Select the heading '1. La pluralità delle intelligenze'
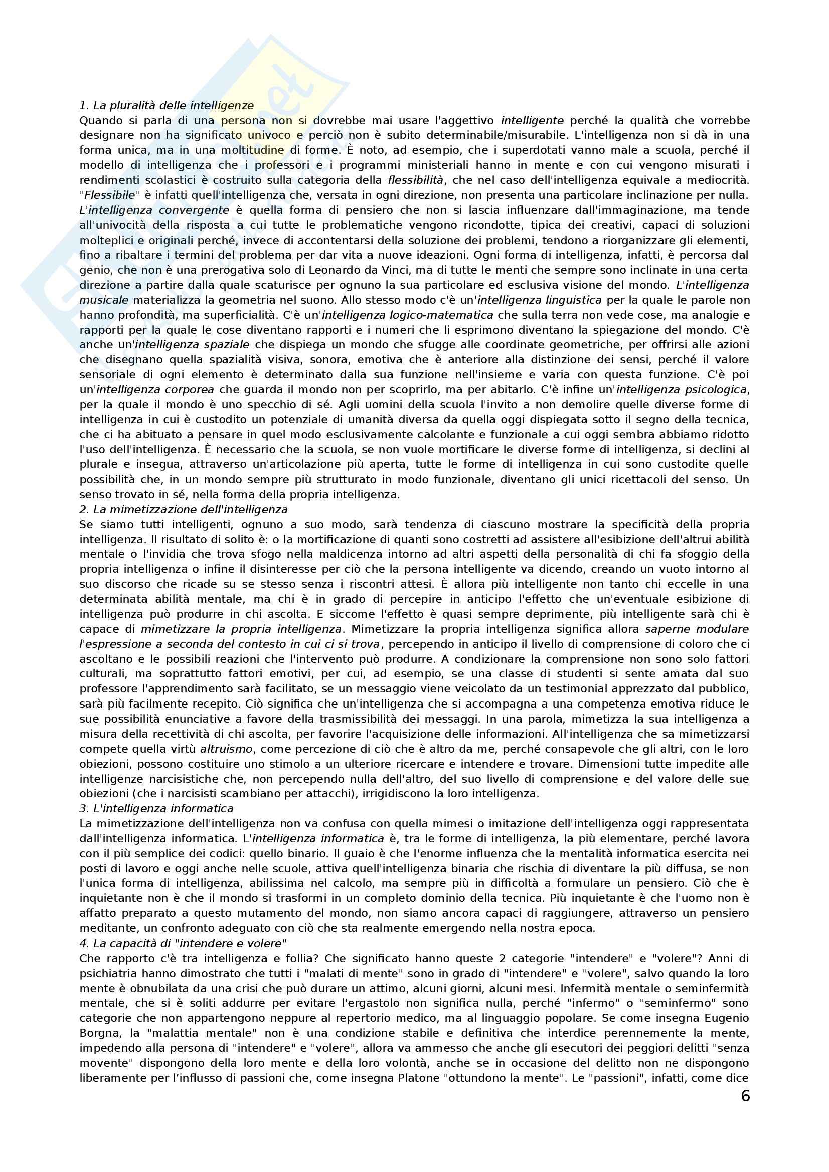click(x=167, y=106)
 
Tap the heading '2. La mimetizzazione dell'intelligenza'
click(x=184, y=509)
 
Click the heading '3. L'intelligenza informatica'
click(x=156, y=809)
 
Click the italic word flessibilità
click(x=416, y=180)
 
